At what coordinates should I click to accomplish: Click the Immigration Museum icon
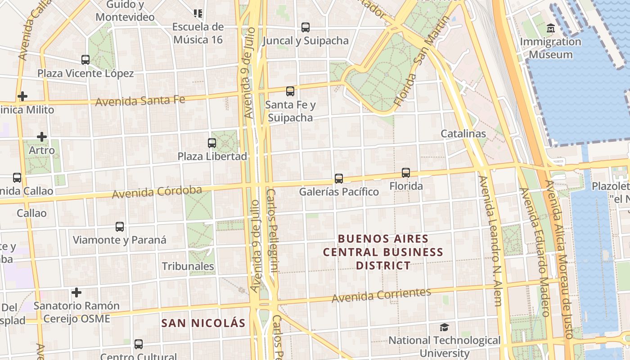click(x=550, y=28)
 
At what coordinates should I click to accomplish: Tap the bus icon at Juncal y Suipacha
click(x=306, y=27)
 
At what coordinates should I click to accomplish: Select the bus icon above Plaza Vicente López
click(x=85, y=59)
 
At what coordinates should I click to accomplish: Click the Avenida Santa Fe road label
click(x=140, y=100)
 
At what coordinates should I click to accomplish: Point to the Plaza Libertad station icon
click(x=212, y=143)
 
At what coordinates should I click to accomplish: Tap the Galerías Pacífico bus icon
click(x=339, y=179)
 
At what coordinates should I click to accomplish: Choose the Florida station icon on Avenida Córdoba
click(x=406, y=173)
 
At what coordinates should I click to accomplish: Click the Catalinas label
click(x=463, y=134)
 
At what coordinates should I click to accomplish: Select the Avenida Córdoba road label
click(x=157, y=192)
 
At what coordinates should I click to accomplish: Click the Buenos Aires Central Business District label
click(x=383, y=252)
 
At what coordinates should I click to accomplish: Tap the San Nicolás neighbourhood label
click(x=203, y=323)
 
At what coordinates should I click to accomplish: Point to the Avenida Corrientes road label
click(x=381, y=295)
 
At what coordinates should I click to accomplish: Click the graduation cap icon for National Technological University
click(x=444, y=327)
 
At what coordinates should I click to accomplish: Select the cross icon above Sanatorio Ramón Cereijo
click(x=76, y=293)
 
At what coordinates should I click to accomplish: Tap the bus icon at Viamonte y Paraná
click(x=120, y=227)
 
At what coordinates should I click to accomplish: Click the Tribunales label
click(x=188, y=266)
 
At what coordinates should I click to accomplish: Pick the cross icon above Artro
click(x=42, y=137)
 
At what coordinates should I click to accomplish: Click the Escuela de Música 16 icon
click(x=198, y=13)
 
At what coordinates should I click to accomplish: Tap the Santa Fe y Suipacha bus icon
click(x=290, y=91)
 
